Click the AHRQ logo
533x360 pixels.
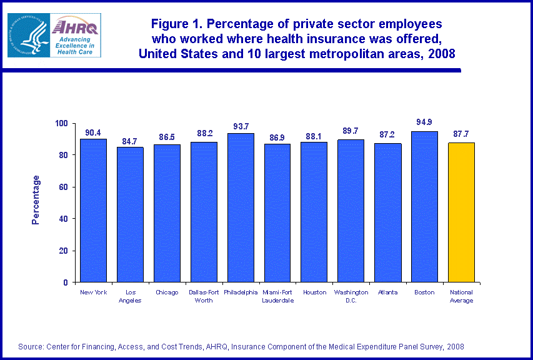[54, 35]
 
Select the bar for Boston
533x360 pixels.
[424, 206]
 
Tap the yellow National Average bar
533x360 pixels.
[461, 212]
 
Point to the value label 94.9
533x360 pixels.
[424, 122]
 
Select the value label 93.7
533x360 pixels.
[241, 124]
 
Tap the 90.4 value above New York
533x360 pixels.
[93, 132]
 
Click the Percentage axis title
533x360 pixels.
[36, 200]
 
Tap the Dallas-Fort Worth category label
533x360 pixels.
[204, 296]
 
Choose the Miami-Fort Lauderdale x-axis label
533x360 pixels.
[277, 296]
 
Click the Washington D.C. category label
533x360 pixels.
[351, 296]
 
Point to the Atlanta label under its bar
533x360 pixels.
[387, 292]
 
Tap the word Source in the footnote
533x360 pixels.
[31, 346]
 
